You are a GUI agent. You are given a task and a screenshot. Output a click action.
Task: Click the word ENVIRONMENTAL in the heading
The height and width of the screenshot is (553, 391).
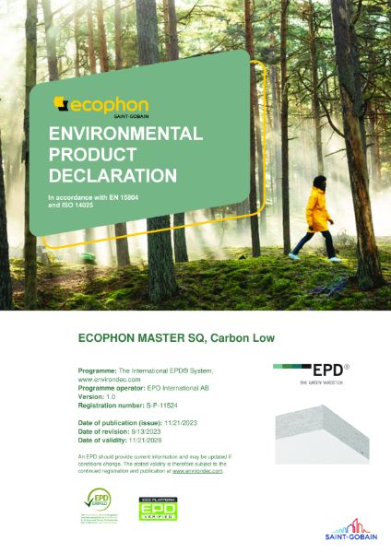(x=126, y=134)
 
